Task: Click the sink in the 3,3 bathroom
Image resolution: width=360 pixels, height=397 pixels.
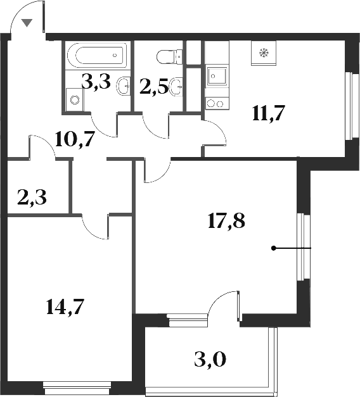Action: [124, 84]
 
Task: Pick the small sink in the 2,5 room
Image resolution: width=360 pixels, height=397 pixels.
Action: [177, 86]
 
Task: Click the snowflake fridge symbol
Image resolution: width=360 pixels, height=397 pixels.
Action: [262, 53]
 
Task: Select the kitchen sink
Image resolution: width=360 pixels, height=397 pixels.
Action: [216, 77]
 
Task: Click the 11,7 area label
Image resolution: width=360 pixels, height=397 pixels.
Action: [268, 115]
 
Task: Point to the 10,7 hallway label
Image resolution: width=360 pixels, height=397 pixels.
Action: [75, 138]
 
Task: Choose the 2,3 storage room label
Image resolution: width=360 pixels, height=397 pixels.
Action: [32, 199]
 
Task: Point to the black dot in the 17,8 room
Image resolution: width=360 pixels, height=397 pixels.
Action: [274, 248]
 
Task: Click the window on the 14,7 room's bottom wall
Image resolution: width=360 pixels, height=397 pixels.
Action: [79, 384]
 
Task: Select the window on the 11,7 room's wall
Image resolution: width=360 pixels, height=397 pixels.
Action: [348, 105]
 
